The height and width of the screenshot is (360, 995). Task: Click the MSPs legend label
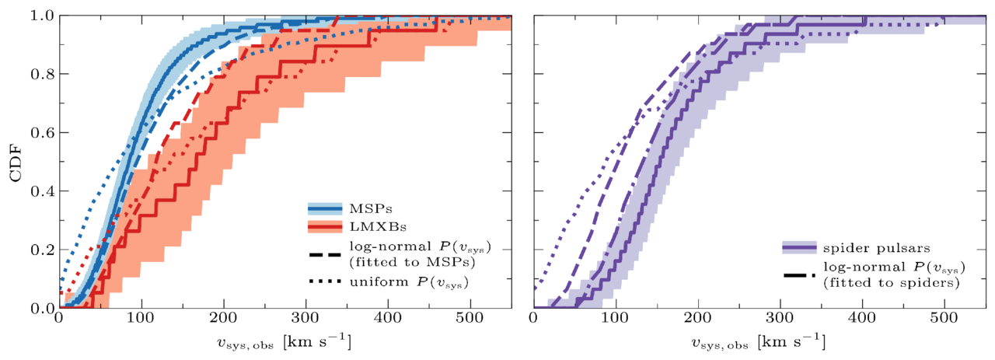[365, 208]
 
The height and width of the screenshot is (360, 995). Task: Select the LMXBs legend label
[369, 226]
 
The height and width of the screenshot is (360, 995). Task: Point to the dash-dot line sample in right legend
[798, 269]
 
